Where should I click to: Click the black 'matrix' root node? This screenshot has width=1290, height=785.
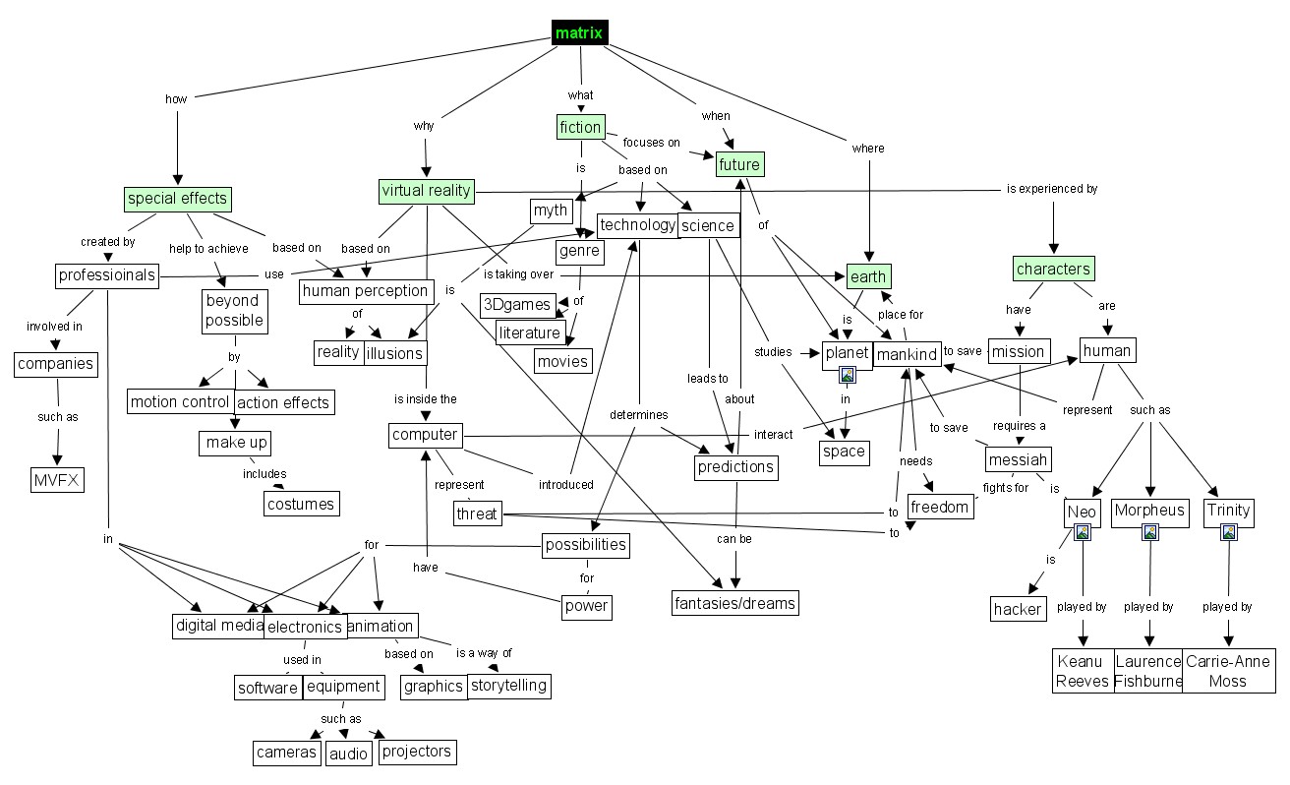[579, 33]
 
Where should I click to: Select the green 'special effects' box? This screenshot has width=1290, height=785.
[178, 199]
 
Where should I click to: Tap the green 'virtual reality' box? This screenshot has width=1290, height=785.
[427, 191]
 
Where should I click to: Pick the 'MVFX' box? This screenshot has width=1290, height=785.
[57, 480]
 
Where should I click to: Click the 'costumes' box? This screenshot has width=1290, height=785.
[301, 504]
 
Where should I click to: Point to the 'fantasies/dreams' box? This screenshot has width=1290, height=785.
[734, 601]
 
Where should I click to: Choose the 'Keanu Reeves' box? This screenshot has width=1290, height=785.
[1083, 671]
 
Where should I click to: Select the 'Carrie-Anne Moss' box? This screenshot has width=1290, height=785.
[1228, 671]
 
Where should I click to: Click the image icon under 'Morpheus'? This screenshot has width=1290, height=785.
[1149, 532]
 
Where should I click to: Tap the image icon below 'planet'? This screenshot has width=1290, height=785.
[847, 374]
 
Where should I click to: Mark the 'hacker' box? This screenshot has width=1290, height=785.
[1018, 609]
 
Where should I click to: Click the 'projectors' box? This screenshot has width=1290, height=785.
[416, 752]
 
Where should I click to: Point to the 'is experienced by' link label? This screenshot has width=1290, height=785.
[1051, 189]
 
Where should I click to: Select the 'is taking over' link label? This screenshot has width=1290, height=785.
[518, 273]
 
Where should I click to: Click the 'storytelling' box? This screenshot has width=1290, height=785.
[507, 686]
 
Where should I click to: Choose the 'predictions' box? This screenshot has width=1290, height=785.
[735, 466]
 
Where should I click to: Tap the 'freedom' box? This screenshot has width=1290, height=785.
[940, 508]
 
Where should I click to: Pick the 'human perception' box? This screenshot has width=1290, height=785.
[366, 290]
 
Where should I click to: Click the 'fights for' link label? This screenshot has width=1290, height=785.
[1006, 487]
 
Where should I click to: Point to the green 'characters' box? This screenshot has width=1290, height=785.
[1053, 269]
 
